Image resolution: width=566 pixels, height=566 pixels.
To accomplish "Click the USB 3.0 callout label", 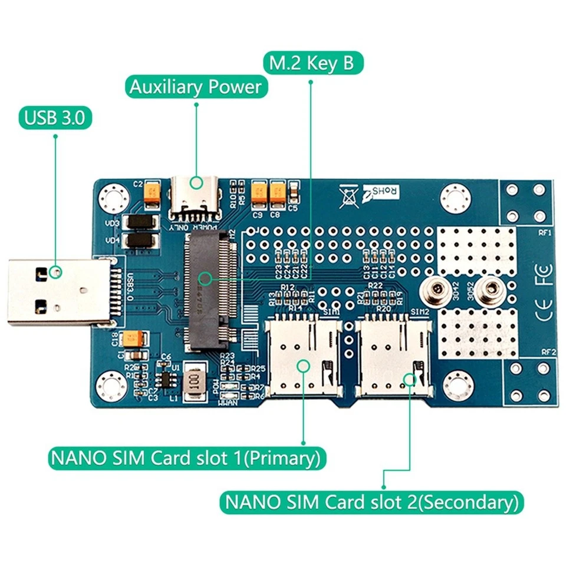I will pyautogui.click(x=55, y=119).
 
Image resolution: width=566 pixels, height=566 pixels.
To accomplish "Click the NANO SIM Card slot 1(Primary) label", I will pyautogui.click(x=186, y=458).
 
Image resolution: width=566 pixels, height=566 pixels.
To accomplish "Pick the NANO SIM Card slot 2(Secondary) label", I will pyautogui.click(x=371, y=502).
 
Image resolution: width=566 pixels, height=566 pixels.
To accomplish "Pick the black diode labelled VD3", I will pyautogui.click(x=141, y=223).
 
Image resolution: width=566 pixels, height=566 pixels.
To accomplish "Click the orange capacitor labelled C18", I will pyautogui.click(x=130, y=338).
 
